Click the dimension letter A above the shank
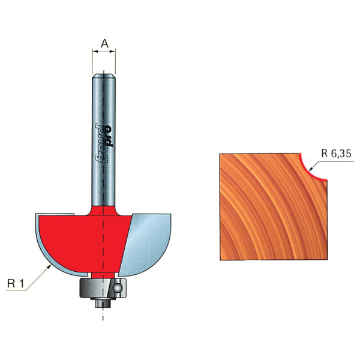104,43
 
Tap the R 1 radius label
16,284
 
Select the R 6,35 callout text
337,154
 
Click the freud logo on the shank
104,143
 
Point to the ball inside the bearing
117,287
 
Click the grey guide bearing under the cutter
103,288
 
